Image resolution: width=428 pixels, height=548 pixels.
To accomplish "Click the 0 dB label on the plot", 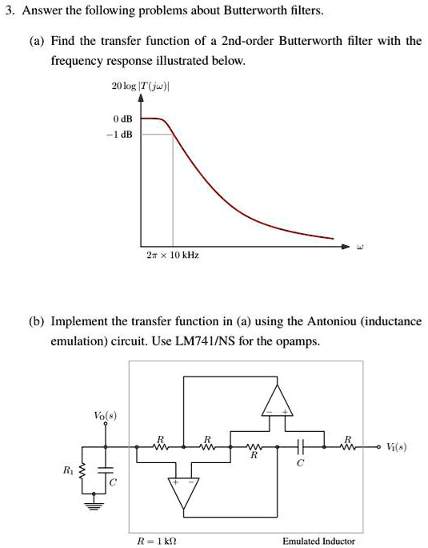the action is click(x=123, y=119).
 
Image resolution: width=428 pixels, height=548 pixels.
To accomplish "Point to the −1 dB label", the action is click(x=122, y=134).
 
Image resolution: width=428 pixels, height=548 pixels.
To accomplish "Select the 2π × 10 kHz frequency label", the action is click(x=173, y=254).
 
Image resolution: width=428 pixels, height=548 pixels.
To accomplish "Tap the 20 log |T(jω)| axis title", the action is click(x=141, y=86).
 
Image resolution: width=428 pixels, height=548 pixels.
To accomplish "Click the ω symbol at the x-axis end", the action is click(x=361, y=248).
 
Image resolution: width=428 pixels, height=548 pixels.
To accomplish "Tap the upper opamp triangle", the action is click(x=277, y=401).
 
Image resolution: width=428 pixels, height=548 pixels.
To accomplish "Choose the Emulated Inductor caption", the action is click(x=318, y=541).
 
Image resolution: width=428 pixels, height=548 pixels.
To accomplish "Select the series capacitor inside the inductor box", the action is click(x=300, y=446).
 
